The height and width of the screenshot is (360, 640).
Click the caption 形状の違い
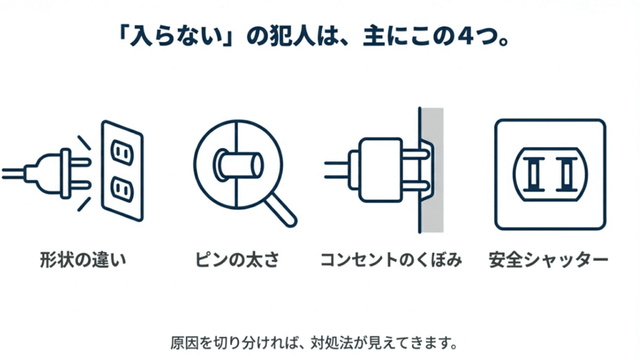coord(83,260)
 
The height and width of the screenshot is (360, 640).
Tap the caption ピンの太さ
coord(237,260)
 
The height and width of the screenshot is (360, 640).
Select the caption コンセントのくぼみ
coord(391,260)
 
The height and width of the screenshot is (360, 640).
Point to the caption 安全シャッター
coord(549,260)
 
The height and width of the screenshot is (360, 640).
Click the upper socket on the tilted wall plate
coord(122,152)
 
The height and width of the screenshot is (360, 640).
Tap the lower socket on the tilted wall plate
coord(122,189)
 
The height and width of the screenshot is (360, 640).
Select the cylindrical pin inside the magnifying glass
coord(238,165)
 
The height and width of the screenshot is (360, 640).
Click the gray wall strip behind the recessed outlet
coord(432,170)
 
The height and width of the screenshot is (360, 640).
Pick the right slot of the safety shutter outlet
coord(567,174)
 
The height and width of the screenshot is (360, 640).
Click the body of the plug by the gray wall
coord(381,170)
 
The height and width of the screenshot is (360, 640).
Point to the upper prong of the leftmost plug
coord(80,162)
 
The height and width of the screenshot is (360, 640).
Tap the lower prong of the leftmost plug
coord(80,185)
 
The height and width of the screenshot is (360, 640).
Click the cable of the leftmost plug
coord(14,174)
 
